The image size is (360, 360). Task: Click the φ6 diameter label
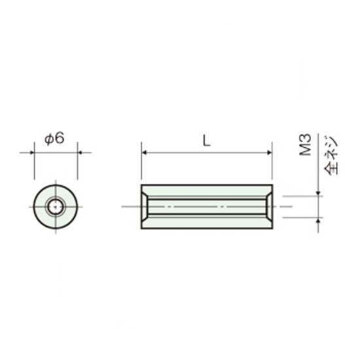(54, 139)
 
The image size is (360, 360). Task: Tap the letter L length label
(206, 141)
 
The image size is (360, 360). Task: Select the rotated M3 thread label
(306, 145)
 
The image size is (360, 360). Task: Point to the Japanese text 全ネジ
(331, 155)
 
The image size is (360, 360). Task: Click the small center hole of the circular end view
(56, 207)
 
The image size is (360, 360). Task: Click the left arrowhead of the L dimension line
(144, 153)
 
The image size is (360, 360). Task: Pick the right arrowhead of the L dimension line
(270, 153)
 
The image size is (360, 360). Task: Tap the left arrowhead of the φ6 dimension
(32, 153)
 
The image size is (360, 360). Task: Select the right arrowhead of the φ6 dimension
(80, 153)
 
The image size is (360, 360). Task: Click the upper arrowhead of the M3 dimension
(318, 194)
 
